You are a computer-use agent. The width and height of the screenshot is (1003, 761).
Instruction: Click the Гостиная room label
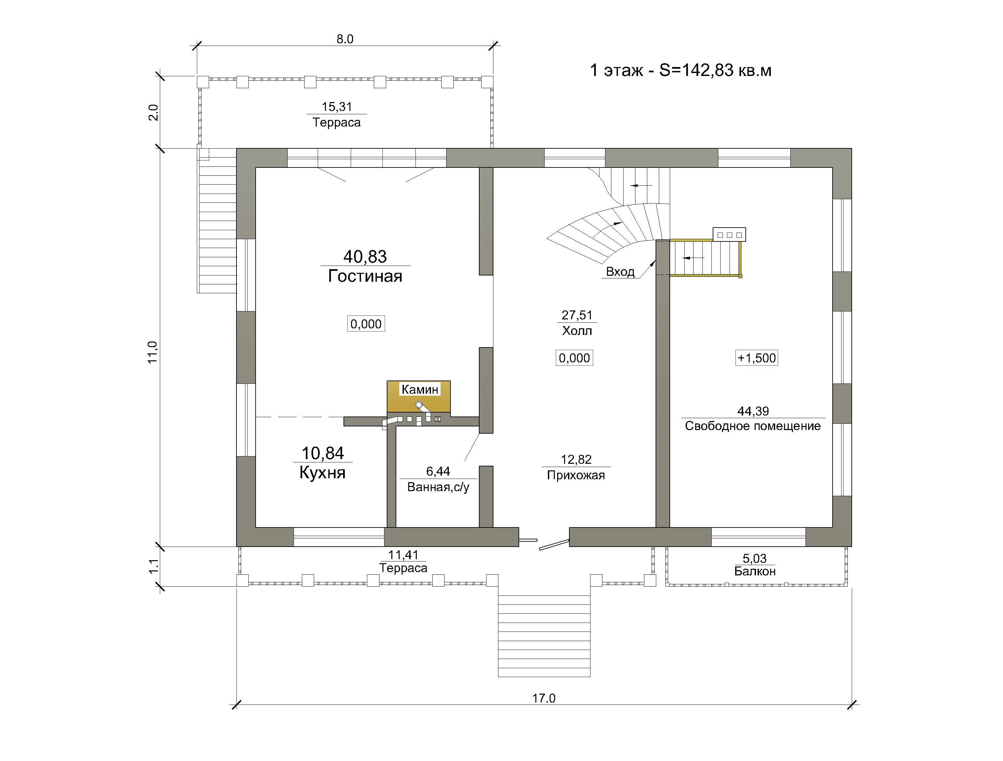tap(365, 276)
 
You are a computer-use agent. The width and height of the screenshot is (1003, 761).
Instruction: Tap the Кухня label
tap(322, 473)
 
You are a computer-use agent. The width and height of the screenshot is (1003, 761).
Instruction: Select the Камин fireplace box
tap(418, 397)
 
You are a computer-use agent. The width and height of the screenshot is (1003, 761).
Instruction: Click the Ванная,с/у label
tap(438, 487)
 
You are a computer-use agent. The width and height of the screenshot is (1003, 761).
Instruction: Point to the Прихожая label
tap(576, 475)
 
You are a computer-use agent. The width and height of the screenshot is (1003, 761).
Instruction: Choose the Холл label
tap(577, 331)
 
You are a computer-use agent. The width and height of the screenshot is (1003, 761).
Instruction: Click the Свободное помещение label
tap(753, 426)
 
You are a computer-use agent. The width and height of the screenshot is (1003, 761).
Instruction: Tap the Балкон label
tap(755, 571)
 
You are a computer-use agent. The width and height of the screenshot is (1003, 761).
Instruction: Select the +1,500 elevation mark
tap(756, 358)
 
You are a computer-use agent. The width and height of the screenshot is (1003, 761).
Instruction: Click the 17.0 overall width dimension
tap(544, 698)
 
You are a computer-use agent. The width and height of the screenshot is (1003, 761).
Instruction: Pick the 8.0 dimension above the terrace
tap(344, 39)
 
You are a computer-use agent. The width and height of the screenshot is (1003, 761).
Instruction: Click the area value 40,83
tap(365, 257)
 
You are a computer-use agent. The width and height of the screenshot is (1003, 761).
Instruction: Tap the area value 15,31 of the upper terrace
tap(337, 107)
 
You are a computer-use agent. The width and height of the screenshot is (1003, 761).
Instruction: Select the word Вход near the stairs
tap(620, 272)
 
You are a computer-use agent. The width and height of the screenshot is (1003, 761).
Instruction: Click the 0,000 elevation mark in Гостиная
tap(366, 324)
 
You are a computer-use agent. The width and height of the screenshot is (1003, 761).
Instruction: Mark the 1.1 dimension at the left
tap(154, 566)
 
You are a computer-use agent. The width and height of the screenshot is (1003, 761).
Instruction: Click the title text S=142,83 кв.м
tap(715, 70)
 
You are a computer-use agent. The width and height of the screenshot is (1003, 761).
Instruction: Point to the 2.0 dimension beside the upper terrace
tap(154, 113)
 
